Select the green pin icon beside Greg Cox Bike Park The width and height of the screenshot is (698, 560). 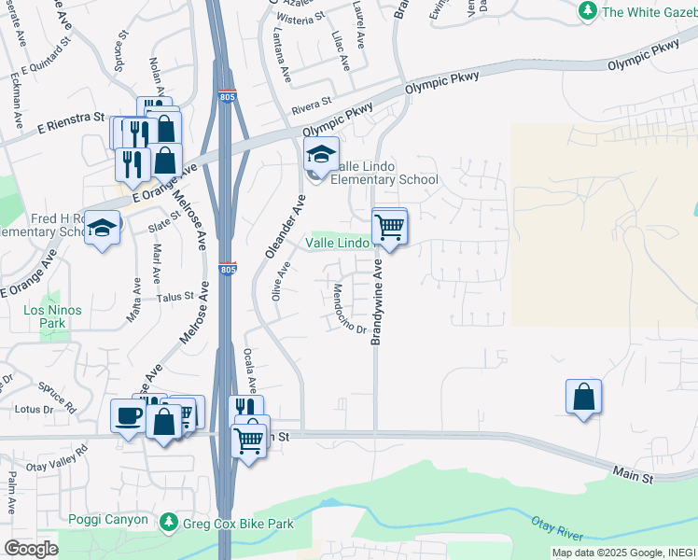[x=169, y=523]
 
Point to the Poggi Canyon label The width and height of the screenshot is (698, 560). [x=107, y=520]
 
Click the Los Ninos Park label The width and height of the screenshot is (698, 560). [x=53, y=316]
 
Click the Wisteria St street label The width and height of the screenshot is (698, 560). [x=300, y=17]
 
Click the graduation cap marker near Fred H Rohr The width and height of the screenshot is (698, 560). [x=102, y=227]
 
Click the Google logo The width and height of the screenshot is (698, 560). [x=31, y=548]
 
